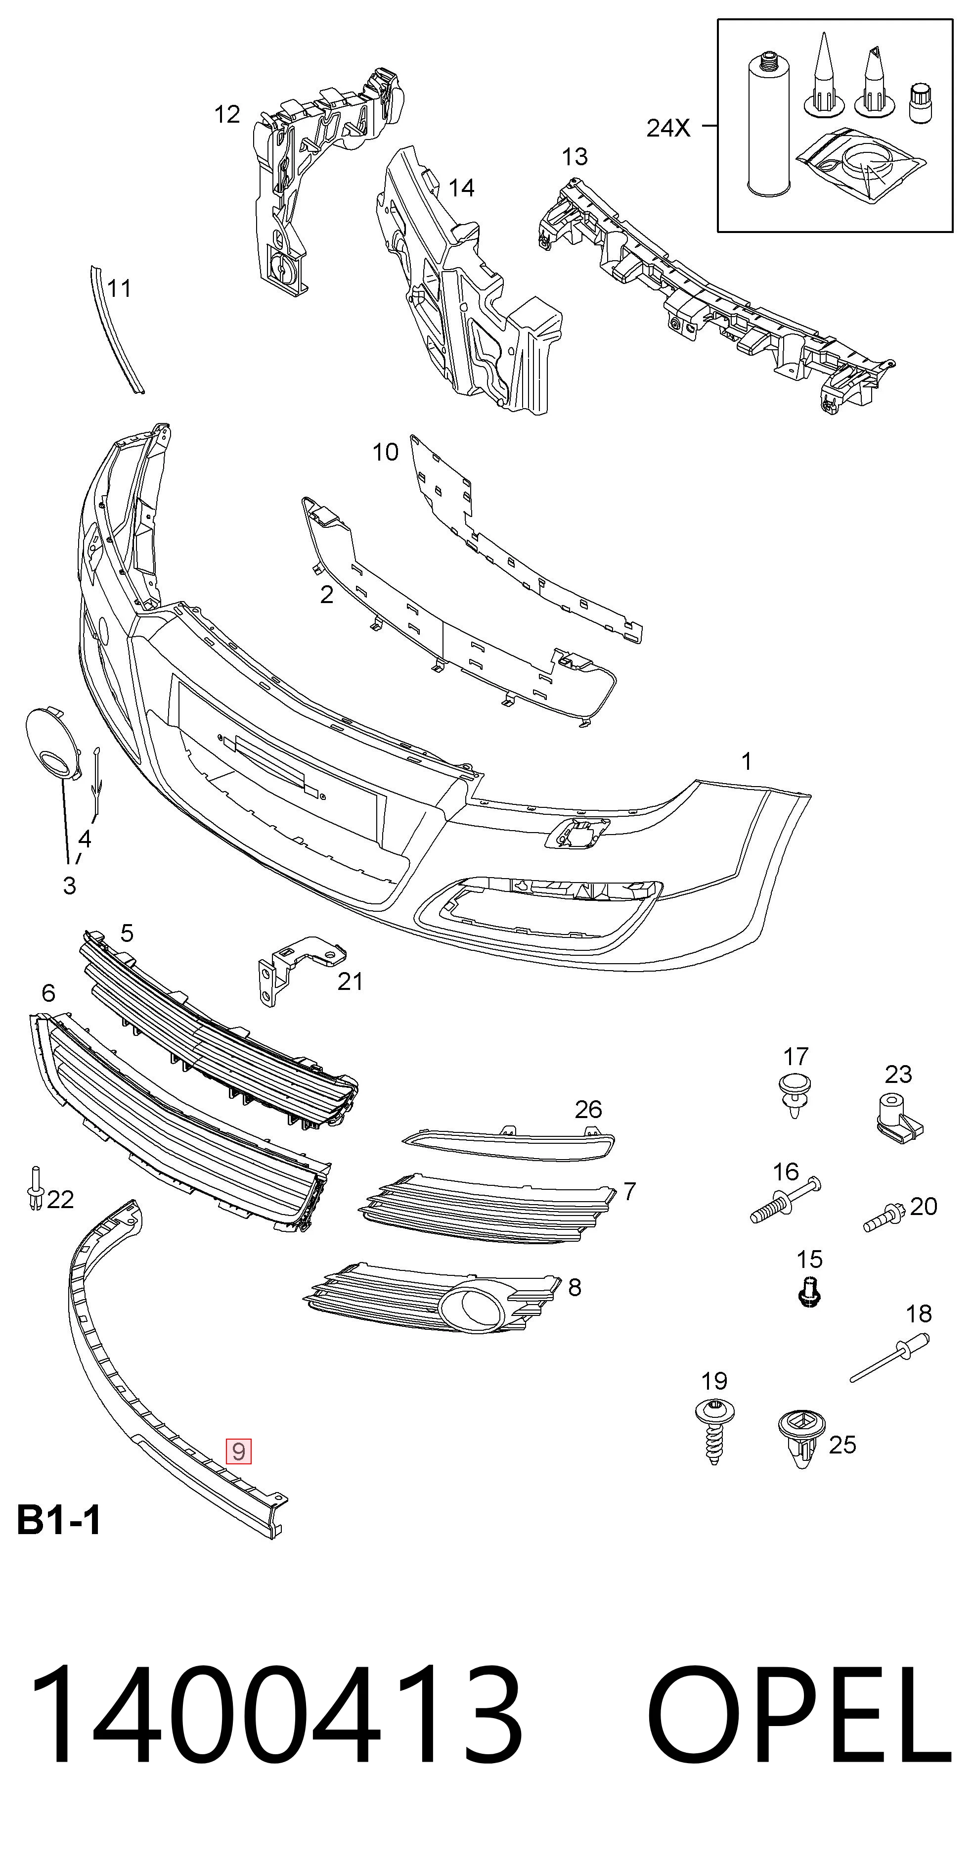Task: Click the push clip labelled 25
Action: [801, 1438]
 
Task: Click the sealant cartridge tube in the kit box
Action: [767, 124]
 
